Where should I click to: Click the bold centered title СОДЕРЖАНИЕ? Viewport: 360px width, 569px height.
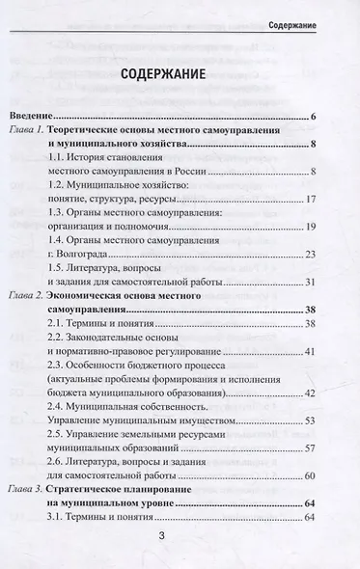[x=179, y=77]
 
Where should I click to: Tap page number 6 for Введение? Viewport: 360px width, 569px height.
[x=314, y=118]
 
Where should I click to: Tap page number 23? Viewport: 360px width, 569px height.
[x=311, y=255]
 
